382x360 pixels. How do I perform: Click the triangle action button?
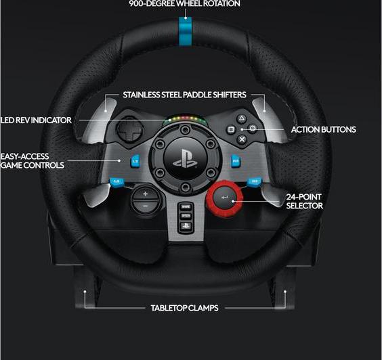[x=241, y=118]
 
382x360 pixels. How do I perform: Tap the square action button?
[x=231, y=129]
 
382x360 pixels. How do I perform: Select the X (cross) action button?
[x=242, y=139]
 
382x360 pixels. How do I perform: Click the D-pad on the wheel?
[x=129, y=130]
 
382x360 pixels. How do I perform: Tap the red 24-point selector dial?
[x=224, y=198]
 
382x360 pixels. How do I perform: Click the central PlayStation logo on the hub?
[x=185, y=158]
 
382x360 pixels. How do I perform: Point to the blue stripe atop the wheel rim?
[x=186, y=31]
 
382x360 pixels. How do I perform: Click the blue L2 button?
[x=135, y=161]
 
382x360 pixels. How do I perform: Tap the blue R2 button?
[x=235, y=161]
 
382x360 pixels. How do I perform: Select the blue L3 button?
[x=116, y=181]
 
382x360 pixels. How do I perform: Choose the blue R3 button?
[x=255, y=181]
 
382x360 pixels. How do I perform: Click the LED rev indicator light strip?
[x=185, y=119]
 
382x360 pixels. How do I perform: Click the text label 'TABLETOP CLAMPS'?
[x=185, y=308]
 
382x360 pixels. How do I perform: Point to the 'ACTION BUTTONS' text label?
[x=324, y=129]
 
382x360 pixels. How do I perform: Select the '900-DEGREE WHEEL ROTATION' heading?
[x=185, y=3]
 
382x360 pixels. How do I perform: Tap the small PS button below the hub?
[x=186, y=226]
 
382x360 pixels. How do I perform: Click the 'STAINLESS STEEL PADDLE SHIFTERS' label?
[x=184, y=95]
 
